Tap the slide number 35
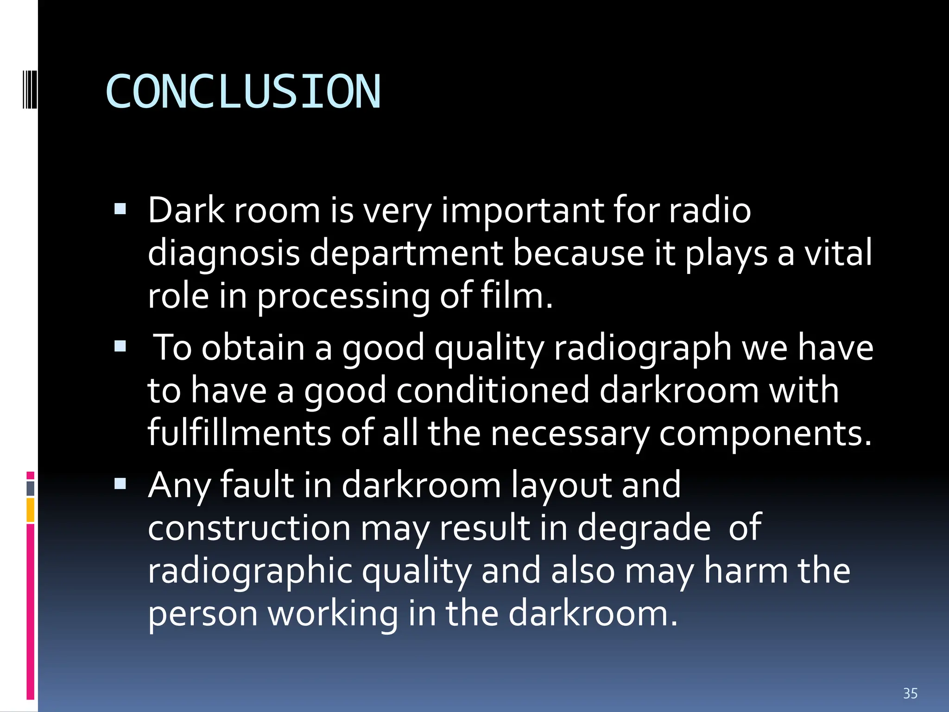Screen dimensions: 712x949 pos(910,693)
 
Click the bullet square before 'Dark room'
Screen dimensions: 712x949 pos(120,210)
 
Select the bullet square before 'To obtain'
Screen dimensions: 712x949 pos(120,346)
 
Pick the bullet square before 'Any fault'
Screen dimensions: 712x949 pos(120,484)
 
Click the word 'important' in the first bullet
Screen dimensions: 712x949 pos(522,211)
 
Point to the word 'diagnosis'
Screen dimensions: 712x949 pos(223,254)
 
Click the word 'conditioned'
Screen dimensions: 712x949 pos(493,390)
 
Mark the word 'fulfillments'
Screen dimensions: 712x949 pos(239,432)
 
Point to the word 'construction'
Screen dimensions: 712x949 pos(249,528)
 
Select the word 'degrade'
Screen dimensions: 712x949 pos(644,528)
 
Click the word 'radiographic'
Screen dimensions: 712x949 pos(250,571)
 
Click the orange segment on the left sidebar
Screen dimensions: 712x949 pos(31,510)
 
